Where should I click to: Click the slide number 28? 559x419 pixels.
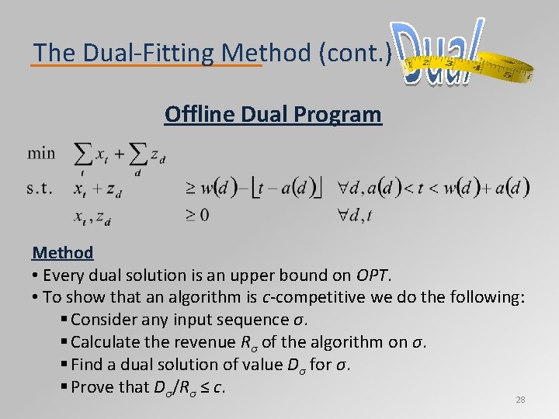pyautogui.click(x=520, y=400)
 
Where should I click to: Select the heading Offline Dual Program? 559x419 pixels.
pyautogui.click(x=273, y=114)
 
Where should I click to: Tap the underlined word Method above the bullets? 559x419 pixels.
pyautogui.click(x=63, y=252)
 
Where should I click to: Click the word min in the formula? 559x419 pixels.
pyautogui.click(x=42, y=153)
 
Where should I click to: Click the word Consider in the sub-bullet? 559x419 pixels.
pyautogui.click(x=102, y=319)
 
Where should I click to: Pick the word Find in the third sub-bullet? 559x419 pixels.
pyautogui.click(x=85, y=364)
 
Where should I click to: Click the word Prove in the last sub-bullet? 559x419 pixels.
pyautogui.click(x=92, y=386)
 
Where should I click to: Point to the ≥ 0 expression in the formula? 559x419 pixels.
pyautogui.click(x=197, y=215)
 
